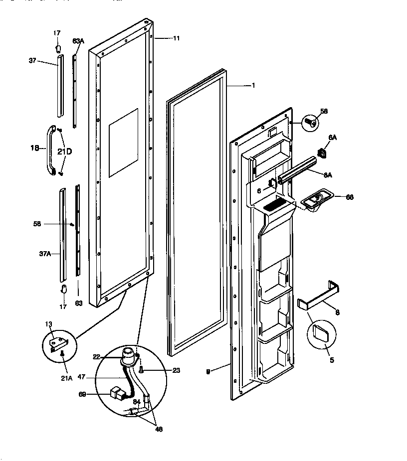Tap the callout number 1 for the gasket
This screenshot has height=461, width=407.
[253, 86]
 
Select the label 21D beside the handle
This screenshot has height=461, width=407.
[65, 152]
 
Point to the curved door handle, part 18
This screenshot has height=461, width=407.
[51, 151]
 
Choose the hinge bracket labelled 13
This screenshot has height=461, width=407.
[58, 343]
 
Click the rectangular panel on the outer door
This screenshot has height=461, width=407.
[123, 143]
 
